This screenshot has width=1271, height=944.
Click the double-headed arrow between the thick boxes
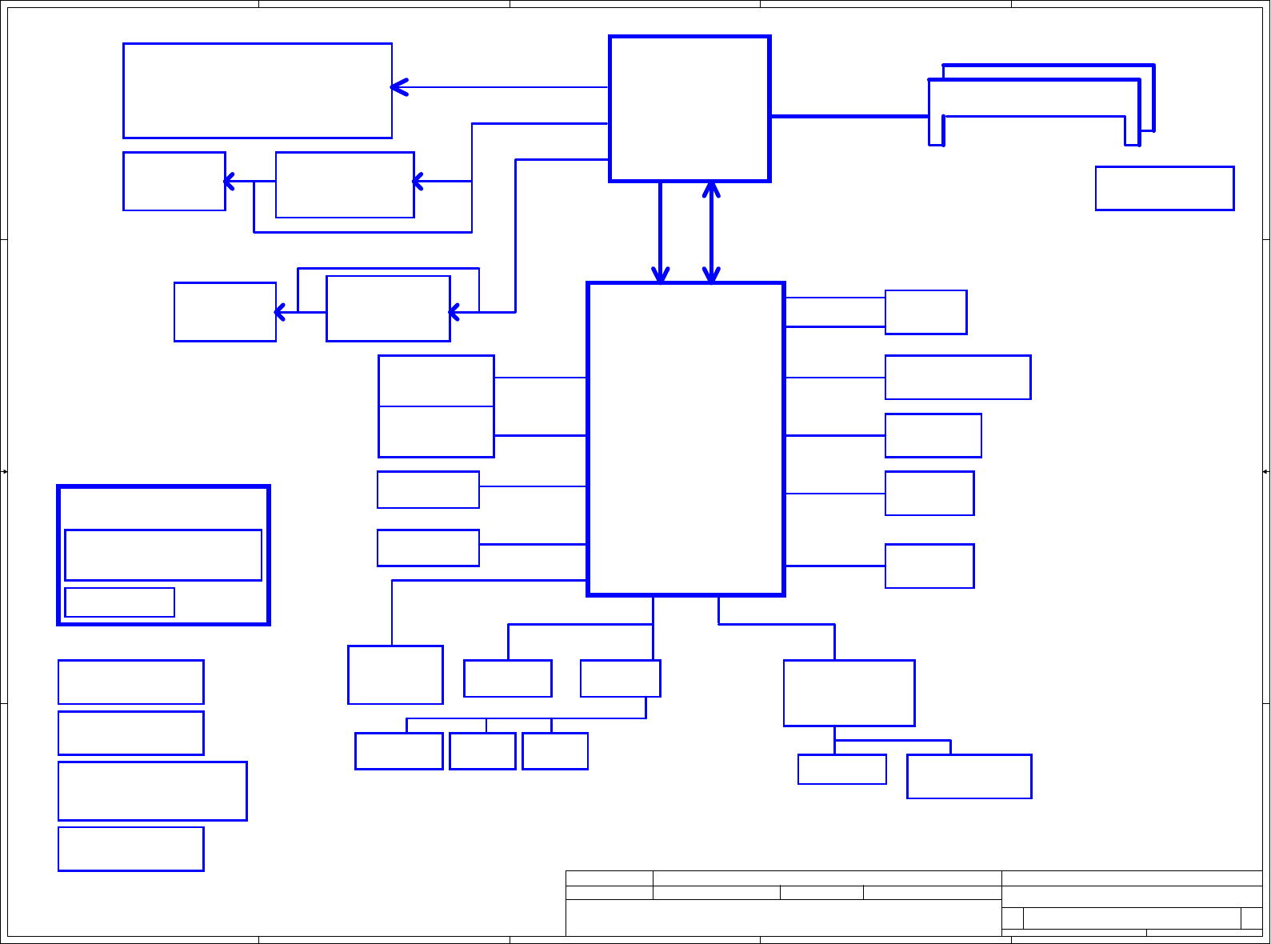pos(711,232)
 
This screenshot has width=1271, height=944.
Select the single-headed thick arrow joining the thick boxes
pos(660,232)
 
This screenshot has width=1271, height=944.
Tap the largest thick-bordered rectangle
pos(685,438)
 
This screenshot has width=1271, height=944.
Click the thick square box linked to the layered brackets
pos(689,109)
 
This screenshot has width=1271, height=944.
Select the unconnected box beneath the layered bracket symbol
pos(1165,188)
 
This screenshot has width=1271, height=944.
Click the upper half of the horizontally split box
pos(436,381)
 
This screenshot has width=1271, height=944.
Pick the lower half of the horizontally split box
pos(436,432)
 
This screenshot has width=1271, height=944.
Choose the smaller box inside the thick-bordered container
pos(119,602)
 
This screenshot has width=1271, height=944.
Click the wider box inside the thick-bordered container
pos(163,554)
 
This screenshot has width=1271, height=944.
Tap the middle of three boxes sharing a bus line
pos(482,751)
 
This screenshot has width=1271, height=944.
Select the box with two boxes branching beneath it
pos(849,693)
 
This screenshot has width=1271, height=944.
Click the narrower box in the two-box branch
pos(841,769)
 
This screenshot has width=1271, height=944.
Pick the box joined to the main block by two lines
pos(925,312)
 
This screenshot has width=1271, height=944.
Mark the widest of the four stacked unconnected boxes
pos(152,790)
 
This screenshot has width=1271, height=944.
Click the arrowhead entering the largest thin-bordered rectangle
pos(399,87)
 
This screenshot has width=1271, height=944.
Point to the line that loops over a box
pos(389,269)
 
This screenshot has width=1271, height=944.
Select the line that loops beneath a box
pos(362,232)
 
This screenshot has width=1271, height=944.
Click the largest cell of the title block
pos(783,918)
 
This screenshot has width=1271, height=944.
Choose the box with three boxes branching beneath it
pos(620,678)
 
